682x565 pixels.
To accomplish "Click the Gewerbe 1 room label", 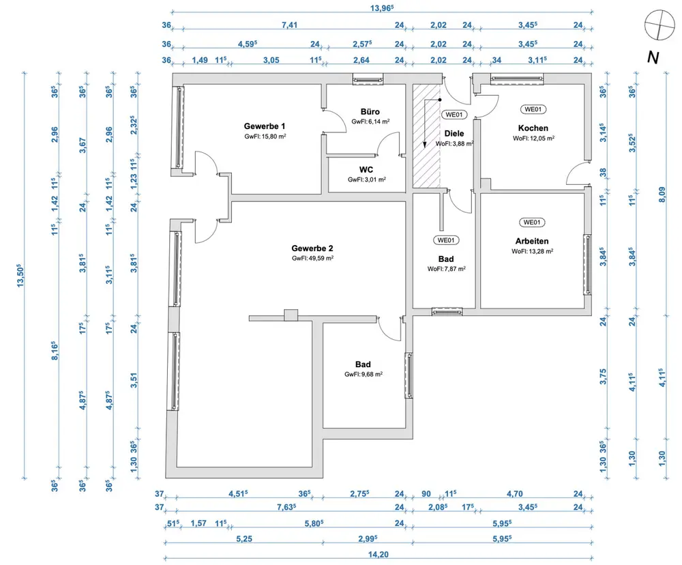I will click(x=265, y=126).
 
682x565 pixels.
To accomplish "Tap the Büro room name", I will click(x=370, y=112).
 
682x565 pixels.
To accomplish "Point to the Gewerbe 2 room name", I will click(x=312, y=248).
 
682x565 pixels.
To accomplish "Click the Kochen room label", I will click(x=533, y=128).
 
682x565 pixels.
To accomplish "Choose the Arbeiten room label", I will click(x=532, y=241).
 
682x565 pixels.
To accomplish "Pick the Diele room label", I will click(x=454, y=134).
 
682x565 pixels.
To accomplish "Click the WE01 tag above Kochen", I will click(x=533, y=109).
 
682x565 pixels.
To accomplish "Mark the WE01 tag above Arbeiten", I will click(x=533, y=222).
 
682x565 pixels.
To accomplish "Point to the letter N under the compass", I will click(x=653, y=59).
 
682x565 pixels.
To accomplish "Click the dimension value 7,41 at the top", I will click(x=288, y=26).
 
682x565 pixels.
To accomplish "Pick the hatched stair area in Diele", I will click(x=426, y=136).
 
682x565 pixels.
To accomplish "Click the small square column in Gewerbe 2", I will click(x=291, y=315).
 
